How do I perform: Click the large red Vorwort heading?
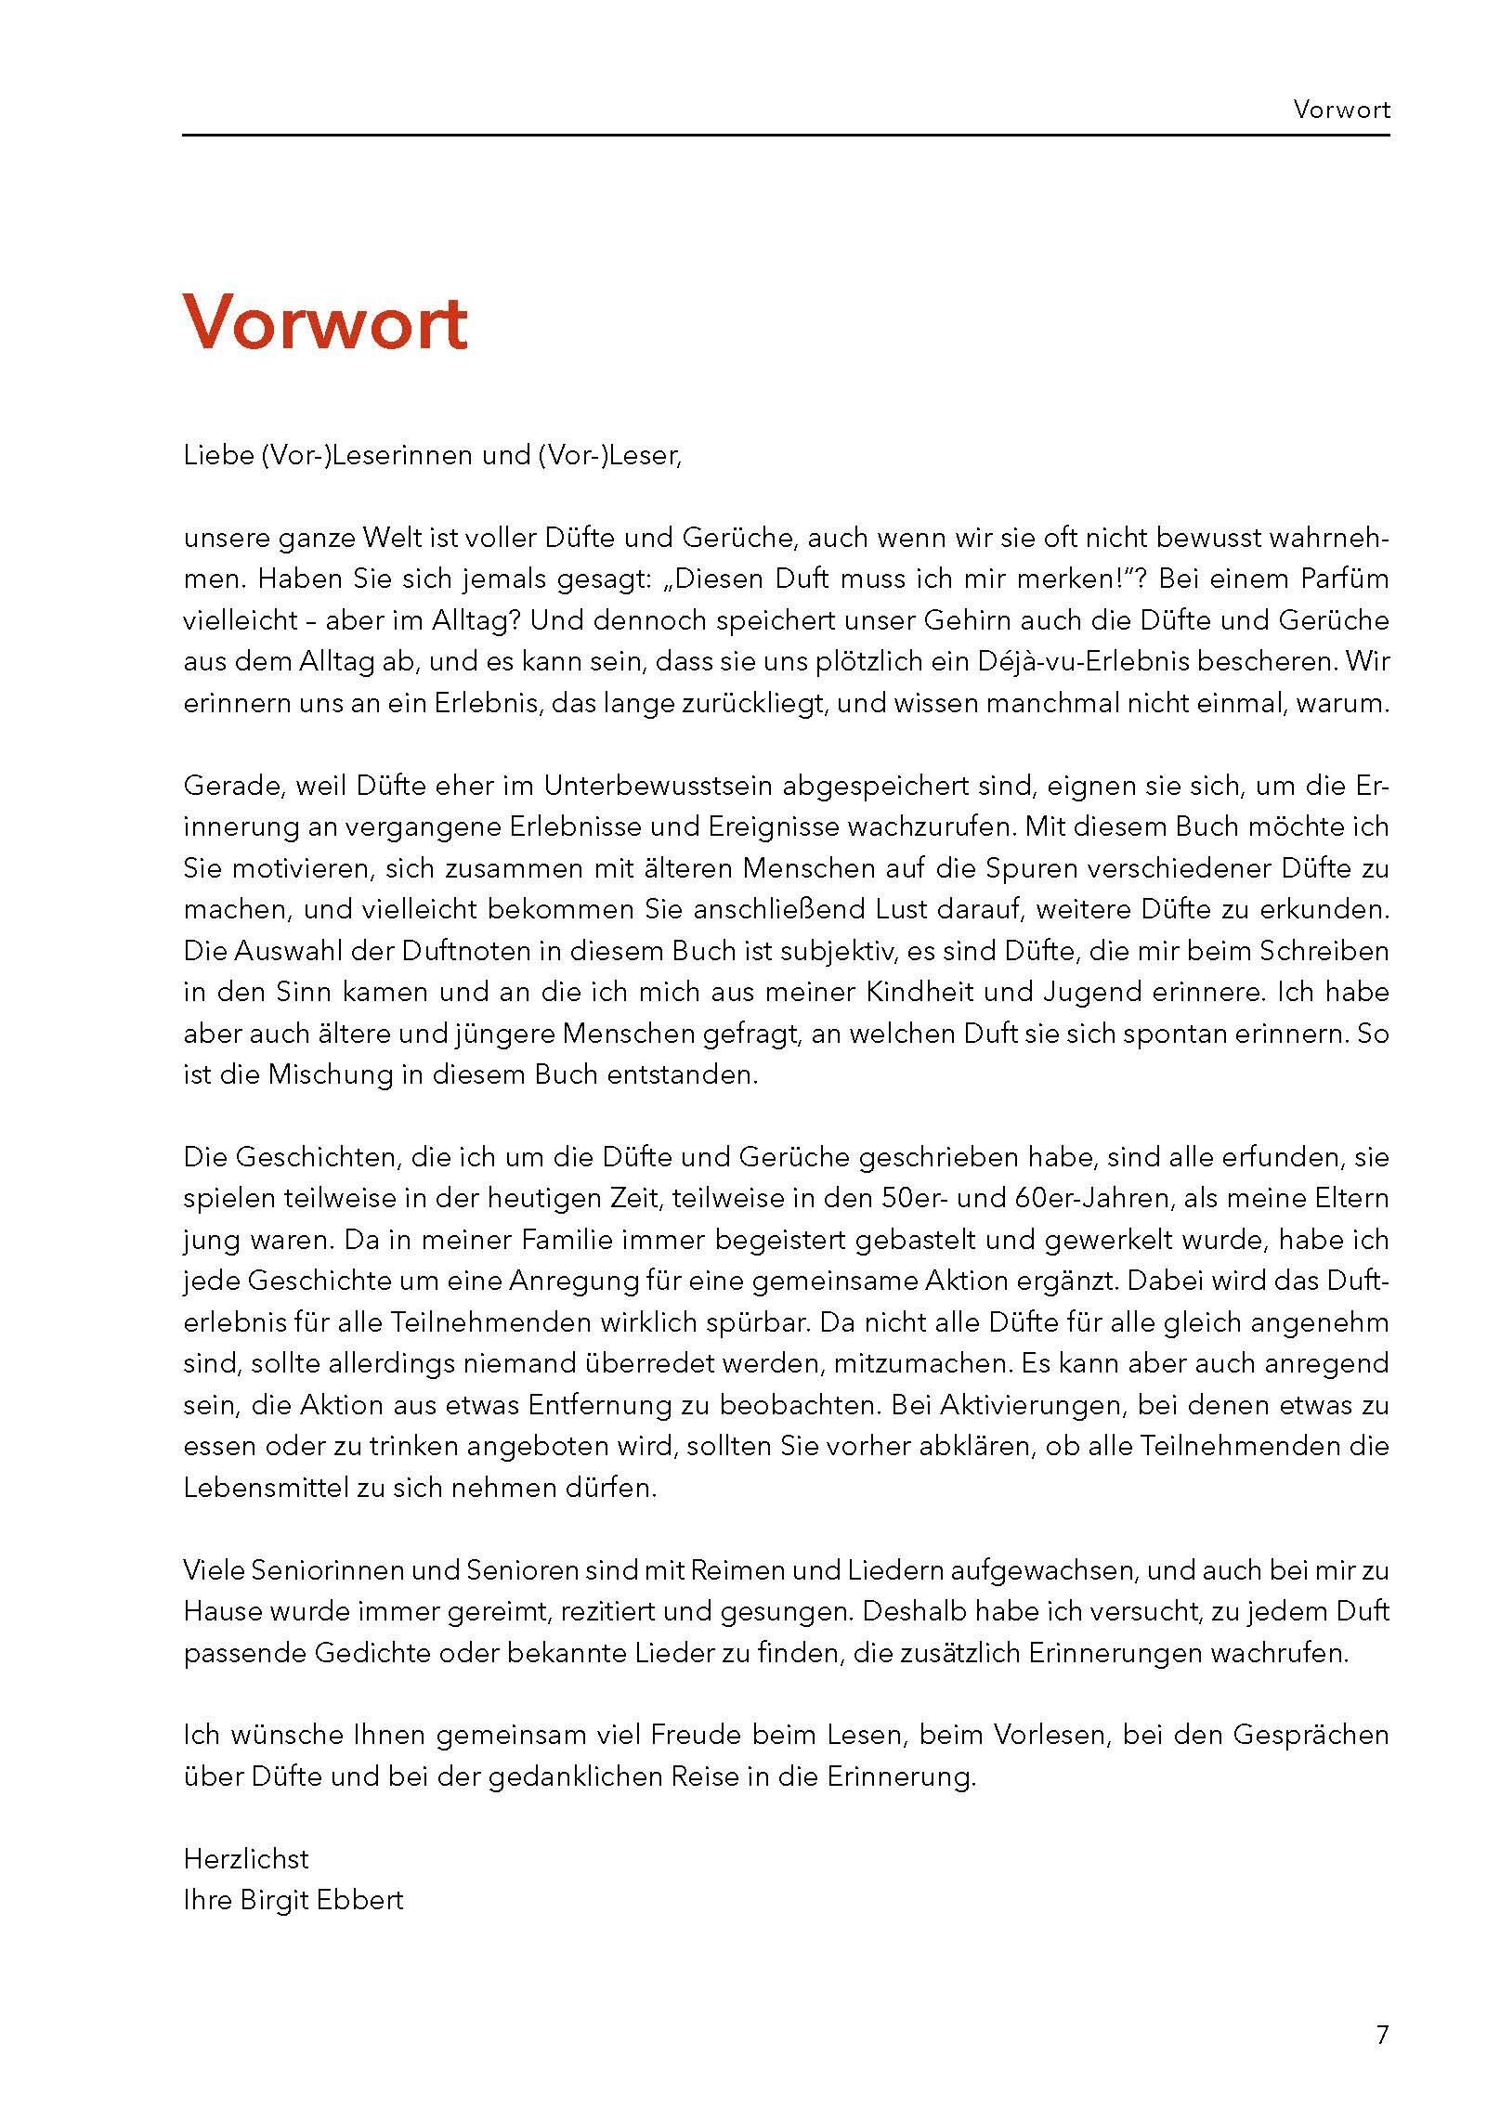point(325,322)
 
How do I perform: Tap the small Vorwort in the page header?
point(1341,111)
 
